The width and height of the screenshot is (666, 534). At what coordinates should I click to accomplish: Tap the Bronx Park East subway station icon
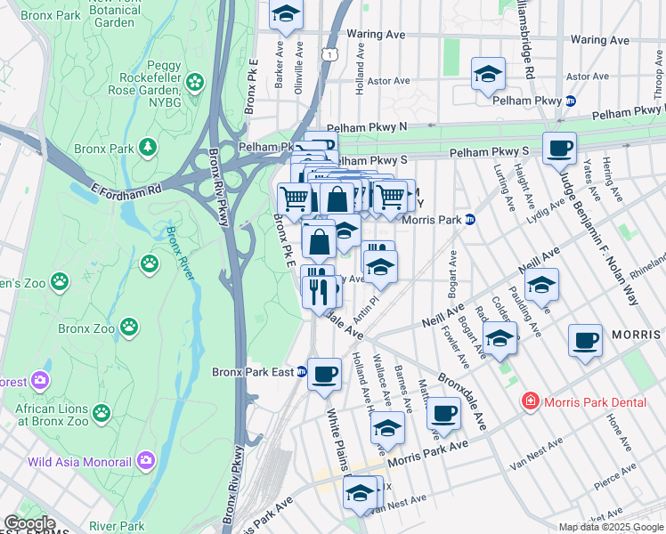[x=301, y=372]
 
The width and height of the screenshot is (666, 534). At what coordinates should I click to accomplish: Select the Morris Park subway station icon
[x=470, y=219]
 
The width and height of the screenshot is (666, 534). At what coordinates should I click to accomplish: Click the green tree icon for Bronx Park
[x=148, y=146]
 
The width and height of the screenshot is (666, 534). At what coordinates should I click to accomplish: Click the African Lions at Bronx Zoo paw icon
[x=102, y=413]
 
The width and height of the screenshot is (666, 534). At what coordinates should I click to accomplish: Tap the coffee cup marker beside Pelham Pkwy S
[x=559, y=148]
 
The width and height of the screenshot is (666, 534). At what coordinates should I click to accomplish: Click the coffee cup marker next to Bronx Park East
[x=324, y=373]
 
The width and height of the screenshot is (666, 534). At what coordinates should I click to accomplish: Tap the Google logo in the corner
[x=28, y=523]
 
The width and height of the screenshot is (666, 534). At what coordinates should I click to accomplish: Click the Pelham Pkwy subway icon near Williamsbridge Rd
[x=570, y=101]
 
